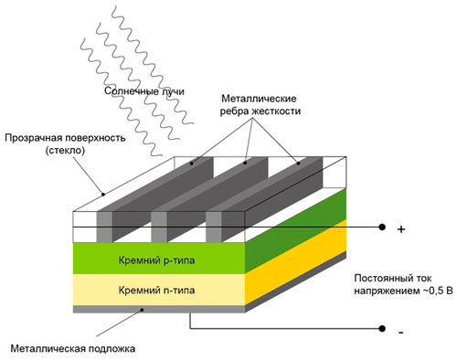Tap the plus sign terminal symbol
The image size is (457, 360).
pyautogui.click(x=401, y=230)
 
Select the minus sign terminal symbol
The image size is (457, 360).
pyautogui.click(x=400, y=335)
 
